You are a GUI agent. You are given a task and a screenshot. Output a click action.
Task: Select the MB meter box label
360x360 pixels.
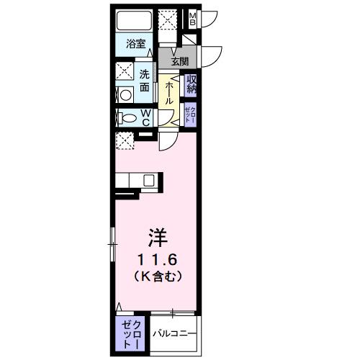point(192,19)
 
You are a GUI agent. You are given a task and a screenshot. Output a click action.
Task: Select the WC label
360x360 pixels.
point(145,118)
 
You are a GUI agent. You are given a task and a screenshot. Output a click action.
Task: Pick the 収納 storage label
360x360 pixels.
point(192,84)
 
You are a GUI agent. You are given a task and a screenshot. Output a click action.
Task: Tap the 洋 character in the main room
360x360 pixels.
point(159,237)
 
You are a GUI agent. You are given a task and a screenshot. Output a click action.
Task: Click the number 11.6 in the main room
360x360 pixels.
point(159,258)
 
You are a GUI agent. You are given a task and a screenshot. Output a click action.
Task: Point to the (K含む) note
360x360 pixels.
point(159,276)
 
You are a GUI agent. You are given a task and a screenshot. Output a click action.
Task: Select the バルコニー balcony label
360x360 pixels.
point(173,334)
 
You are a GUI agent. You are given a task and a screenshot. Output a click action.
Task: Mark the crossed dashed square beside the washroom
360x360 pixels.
point(123,72)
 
